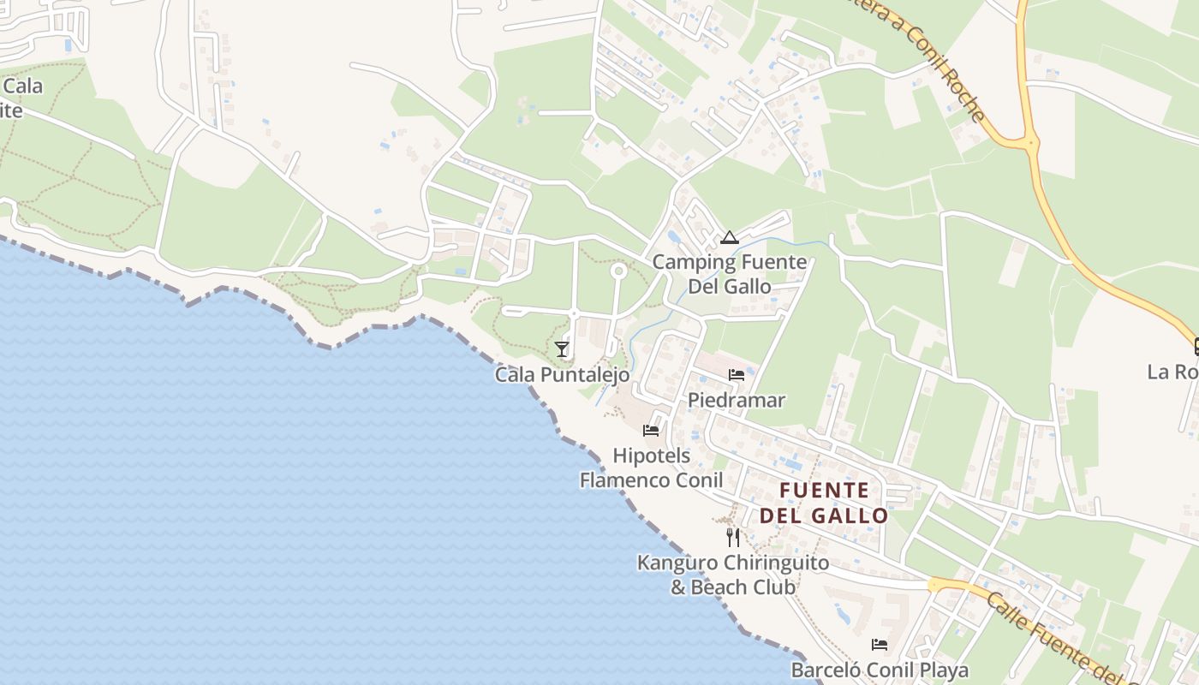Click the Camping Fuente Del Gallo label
click(730, 274)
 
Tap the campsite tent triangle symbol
click(729, 238)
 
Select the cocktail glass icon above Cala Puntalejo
click(562, 348)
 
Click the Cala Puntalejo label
click(562, 375)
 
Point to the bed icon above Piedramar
click(736, 374)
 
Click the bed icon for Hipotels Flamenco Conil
click(651, 430)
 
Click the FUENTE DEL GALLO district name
click(824, 503)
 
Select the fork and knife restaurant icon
click(732, 537)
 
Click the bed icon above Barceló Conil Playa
click(879, 645)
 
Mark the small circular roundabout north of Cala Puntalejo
click(617, 271)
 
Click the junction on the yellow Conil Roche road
click(1029, 142)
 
